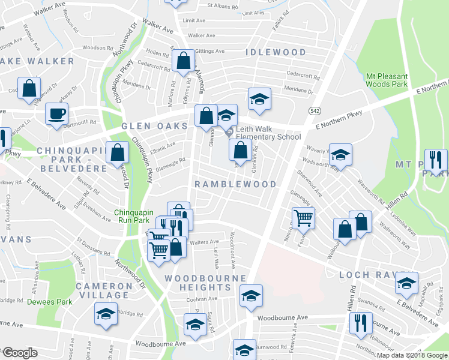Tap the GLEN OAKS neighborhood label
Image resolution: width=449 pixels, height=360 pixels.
pyautogui.click(x=154, y=127)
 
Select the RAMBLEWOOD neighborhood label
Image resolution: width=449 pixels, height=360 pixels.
pyautogui.click(x=235, y=184)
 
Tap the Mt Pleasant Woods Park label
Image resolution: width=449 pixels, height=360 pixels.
pyautogui.click(x=387, y=82)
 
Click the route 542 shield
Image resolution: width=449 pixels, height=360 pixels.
pyautogui.click(x=315, y=111)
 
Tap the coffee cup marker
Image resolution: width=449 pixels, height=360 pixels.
pyautogui.click(x=57, y=113)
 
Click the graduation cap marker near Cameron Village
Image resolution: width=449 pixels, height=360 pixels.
pyautogui.click(x=106, y=314)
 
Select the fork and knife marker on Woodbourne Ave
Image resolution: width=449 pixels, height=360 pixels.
pyautogui.click(x=361, y=322)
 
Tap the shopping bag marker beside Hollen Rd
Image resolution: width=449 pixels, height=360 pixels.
pyautogui.click(x=182, y=60)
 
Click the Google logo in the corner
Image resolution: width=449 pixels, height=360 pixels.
pyautogui.click(x=19, y=353)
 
